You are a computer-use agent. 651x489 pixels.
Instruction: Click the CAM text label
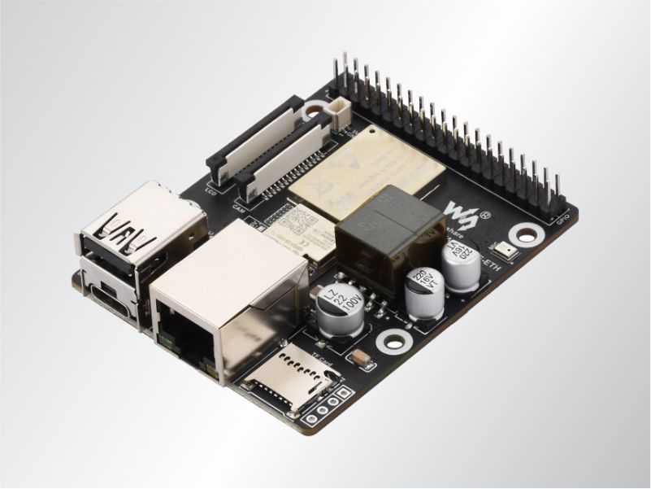coord(239,209)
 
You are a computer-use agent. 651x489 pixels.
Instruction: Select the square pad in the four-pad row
coord(345,395)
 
